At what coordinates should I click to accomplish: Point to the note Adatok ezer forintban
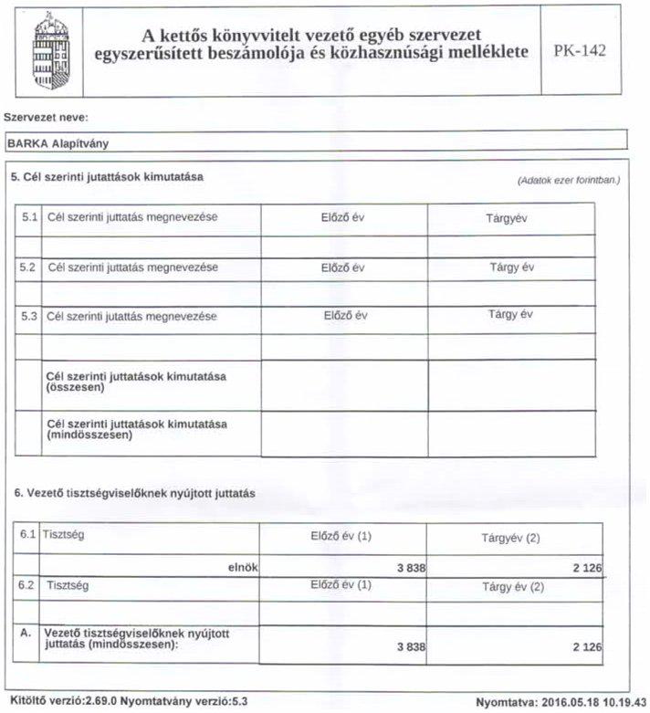568,180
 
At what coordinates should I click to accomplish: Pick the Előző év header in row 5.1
342,219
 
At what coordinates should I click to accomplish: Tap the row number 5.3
28,316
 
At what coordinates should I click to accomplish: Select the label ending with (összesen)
136,383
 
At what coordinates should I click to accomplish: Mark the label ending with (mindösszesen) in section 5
136,429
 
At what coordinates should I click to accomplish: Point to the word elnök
243,567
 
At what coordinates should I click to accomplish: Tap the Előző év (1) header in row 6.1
341,536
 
